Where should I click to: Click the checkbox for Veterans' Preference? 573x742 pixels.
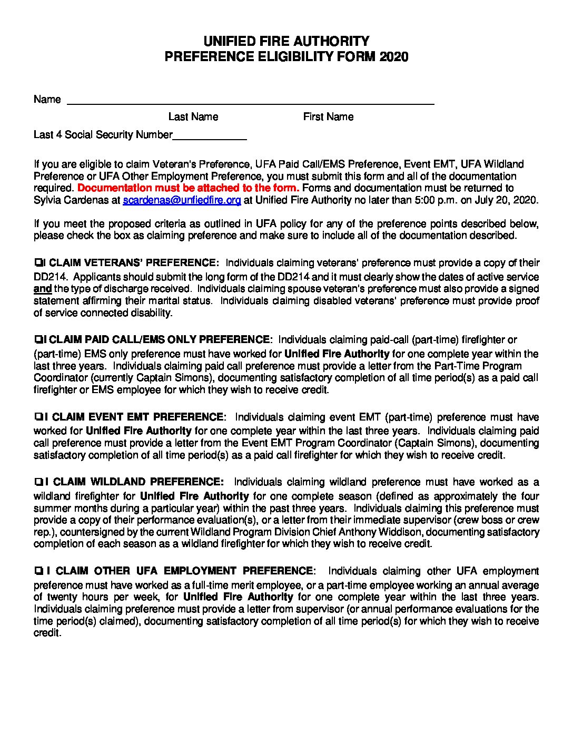click(37, 262)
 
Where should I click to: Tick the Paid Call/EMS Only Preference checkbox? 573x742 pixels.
click(37, 339)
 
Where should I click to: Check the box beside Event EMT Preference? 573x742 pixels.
click(38, 417)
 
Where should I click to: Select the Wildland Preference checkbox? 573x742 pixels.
click(38, 482)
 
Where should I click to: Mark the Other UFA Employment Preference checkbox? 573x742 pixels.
click(38, 571)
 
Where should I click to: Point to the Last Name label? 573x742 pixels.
click(193, 116)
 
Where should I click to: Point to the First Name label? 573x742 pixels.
click(328, 116)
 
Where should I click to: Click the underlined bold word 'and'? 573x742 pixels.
click(43, 289)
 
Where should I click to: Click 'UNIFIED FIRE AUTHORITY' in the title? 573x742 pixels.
click(286, 41)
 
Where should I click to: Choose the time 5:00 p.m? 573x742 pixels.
click(441, 200)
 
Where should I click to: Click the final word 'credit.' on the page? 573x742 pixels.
click(47, 633)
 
